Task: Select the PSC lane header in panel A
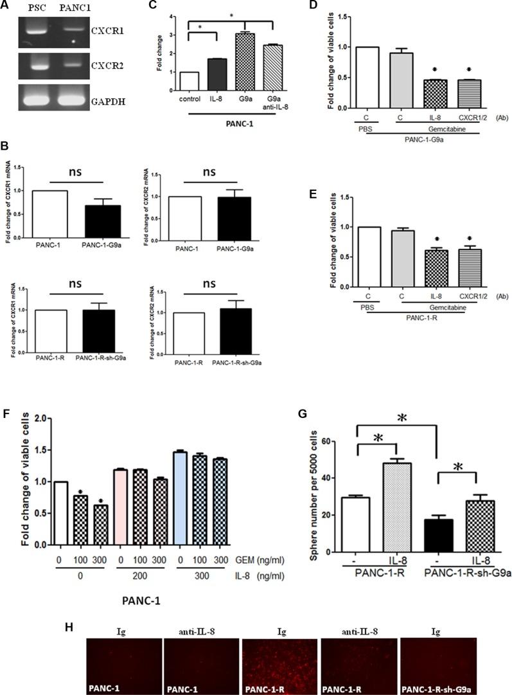(36, 8)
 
